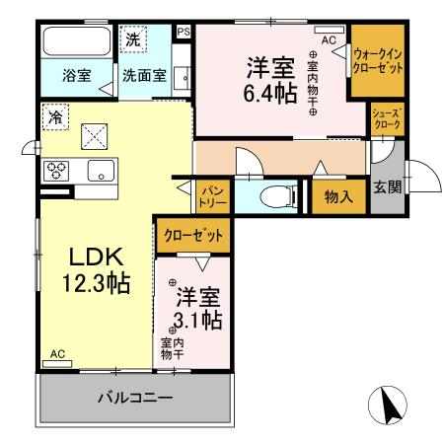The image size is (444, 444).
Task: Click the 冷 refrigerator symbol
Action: tap(53, 114)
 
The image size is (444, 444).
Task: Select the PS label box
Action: tap(183, 32)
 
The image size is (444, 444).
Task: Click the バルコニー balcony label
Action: tap(135, 400)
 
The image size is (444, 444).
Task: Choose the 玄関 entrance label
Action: tap(387, 186)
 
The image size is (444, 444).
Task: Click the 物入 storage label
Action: tap(338, 196)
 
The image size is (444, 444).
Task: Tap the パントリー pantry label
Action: tap(214, 192)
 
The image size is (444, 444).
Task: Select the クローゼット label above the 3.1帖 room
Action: tap(193, 237)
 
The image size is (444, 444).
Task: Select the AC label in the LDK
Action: tap(57, 354)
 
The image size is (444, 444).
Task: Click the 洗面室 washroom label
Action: tap(144, 74)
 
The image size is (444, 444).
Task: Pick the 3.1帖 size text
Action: tap(198, 320)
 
